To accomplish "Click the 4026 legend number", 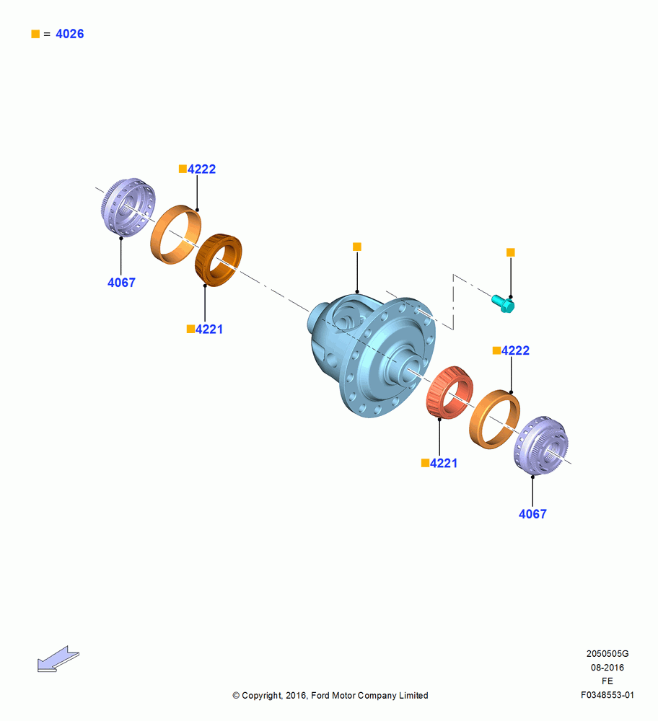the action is [69, 34].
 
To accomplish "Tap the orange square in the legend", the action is [35, 34].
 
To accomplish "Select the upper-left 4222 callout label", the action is [201, 169].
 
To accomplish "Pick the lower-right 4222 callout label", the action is [515, 350].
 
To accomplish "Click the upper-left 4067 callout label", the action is [121, 283].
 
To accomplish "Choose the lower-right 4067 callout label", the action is [532, 513].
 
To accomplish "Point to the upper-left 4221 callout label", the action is [209, 329].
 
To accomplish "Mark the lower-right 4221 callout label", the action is [444, 463].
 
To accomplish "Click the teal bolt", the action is [503, 304].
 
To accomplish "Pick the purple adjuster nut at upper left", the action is [128, 207].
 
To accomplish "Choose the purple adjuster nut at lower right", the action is [541, 446].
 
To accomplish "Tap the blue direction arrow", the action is [58, 660].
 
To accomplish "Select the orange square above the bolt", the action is [510, 252].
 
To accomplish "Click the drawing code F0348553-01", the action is [607, 695].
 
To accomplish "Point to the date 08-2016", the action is [607, 667].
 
